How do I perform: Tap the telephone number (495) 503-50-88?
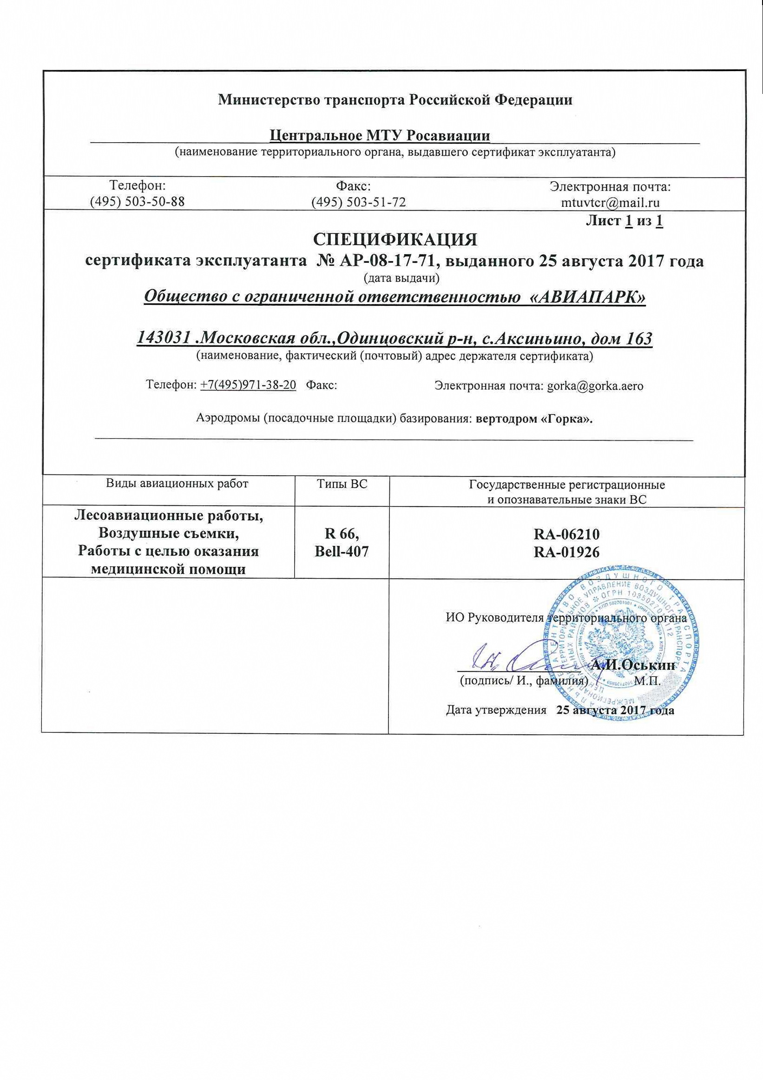click(x=137, y=201)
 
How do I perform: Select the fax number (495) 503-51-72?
click(x=359, y=202)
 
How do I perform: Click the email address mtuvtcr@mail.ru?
click(x=610, y=203)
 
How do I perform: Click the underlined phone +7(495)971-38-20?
click(x=248, y=385)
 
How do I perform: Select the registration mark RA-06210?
click(x=566, y=534)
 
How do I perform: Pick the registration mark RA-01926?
click(x=566, y=552)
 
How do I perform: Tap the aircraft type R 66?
click(x=342, y=534)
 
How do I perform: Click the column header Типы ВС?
click(x=342, y=484)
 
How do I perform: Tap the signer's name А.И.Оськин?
click(x=633, y=665)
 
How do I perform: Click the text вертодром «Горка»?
click(x=534, y=418)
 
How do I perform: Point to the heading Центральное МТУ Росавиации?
click(x=380, y=135)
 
